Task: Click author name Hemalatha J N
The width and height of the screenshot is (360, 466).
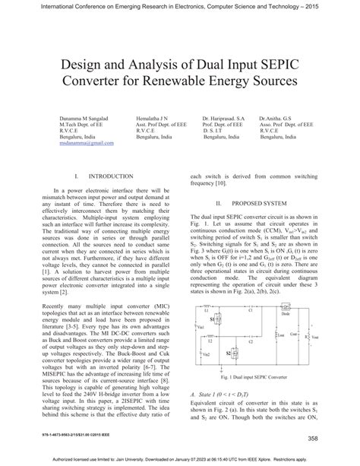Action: (153, 119)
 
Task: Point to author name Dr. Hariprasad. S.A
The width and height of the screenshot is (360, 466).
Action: (223, 119)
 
